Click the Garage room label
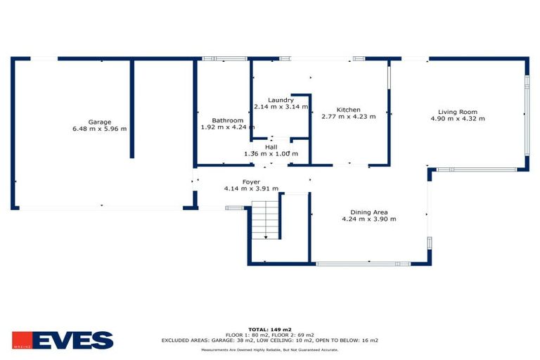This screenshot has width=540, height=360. pyautogui.click(x=100, y=122)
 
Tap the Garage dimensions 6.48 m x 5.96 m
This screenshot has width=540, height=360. pyautogui.click(x=100, y=129)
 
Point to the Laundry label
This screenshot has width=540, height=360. pyautogui.click(x=281, y=100)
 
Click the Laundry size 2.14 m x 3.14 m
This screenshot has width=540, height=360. pyautogui.click(x=281, y=107)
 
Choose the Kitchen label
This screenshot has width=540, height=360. pyautogui.click(x=348, y=110)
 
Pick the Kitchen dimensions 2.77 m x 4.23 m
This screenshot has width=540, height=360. pyautogui.click(x=348, y=117)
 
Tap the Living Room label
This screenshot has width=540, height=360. pyautogui.click(x=458, y=112)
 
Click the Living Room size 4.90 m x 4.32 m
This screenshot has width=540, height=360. pyautogui.click(x=458, y=119)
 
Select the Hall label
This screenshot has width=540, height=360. pyautogui.click(x=271, y=147)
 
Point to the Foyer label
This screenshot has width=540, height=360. pyautogui.click(x=251, y=182)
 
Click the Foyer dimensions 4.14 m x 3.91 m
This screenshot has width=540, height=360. pyautogui.click(x=251, y=188)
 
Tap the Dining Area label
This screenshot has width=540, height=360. pyautogui.click(x=369, y=212)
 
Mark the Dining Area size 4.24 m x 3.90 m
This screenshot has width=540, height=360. pyautogui.click(x=369, y=219)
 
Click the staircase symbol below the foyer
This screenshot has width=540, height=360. pyautogui.click(x=266, y=219)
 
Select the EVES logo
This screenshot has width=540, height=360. pyautogui.click(x=63, y=340)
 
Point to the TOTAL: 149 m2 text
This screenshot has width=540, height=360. pyautogui.click(x=270, y=329)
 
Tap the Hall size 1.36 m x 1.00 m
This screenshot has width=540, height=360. pyautogui.click(x=271, y=154)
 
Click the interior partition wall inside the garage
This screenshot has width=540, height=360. pyautogui.click(x=131, y=109)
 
